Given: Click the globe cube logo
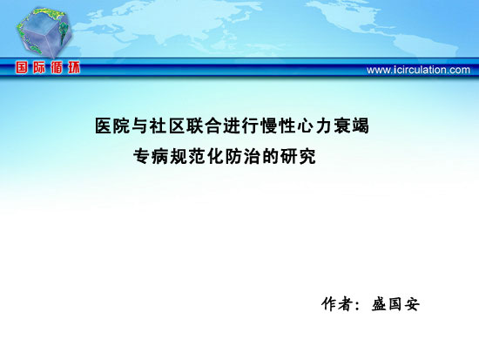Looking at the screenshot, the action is (44, 33).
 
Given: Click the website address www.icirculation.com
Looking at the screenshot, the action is (418, 70).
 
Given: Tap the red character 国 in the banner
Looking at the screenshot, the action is (22, 68).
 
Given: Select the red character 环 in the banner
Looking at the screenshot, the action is (74, 68).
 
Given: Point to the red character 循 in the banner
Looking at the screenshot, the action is (57, 68).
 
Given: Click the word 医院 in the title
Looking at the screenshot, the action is (112, 126).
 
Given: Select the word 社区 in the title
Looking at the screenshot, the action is (167, 126).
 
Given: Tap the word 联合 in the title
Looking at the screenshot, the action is (204, 126).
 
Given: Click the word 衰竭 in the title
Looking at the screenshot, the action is (351, 126).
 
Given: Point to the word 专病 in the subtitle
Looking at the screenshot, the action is (151, 156).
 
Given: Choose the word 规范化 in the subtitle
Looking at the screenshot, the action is (197, 156).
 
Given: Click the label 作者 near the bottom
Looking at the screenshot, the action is (336, 303).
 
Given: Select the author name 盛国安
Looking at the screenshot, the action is (395, 303).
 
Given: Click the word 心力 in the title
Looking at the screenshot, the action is (314, 126).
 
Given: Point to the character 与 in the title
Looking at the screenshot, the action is (140, 126).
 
